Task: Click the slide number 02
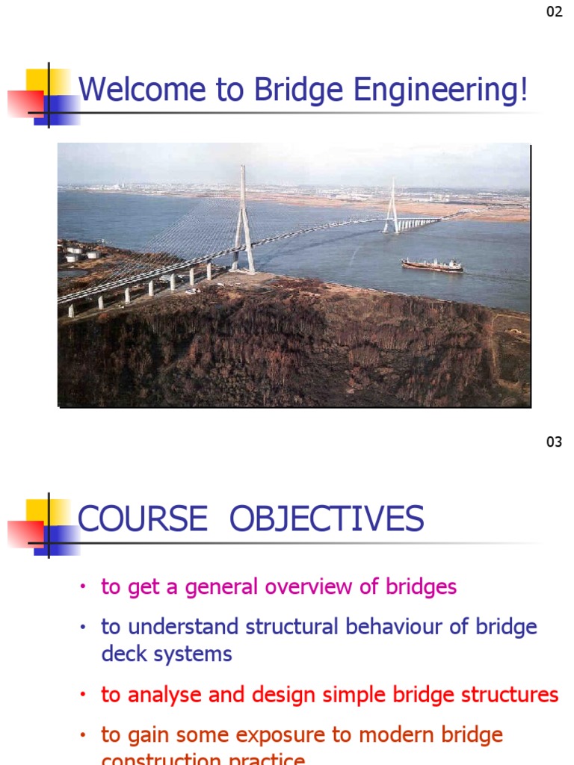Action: (x=554, y=12)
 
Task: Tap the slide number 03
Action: (x=554, y=442)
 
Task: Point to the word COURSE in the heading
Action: (x=142, y=519)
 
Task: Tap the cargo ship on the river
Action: (x=432, y=264)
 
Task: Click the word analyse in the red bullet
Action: (x=164, y=696)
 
